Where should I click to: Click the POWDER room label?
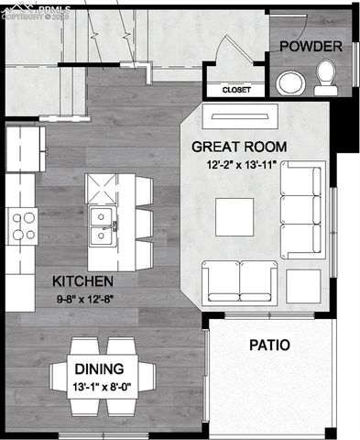coord(311,46)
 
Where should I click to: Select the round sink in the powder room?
coord(292,83)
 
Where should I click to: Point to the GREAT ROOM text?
coord(239,147)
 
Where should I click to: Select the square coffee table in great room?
coord(235,216)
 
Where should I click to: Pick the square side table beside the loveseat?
coord(303,284)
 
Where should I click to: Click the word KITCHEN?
coord(82,280)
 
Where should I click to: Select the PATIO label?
coord(269,346)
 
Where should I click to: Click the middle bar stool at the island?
coord(144,223)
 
